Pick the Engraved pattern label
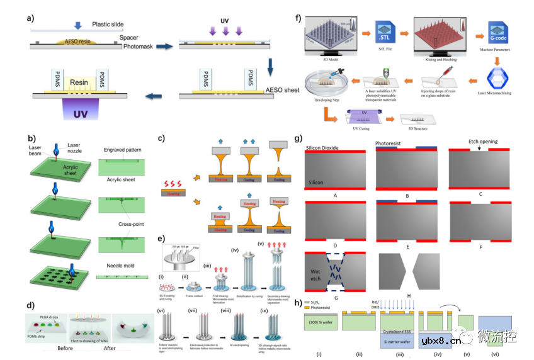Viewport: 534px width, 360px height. [125, 151]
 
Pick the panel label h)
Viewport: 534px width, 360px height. [298, 301]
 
